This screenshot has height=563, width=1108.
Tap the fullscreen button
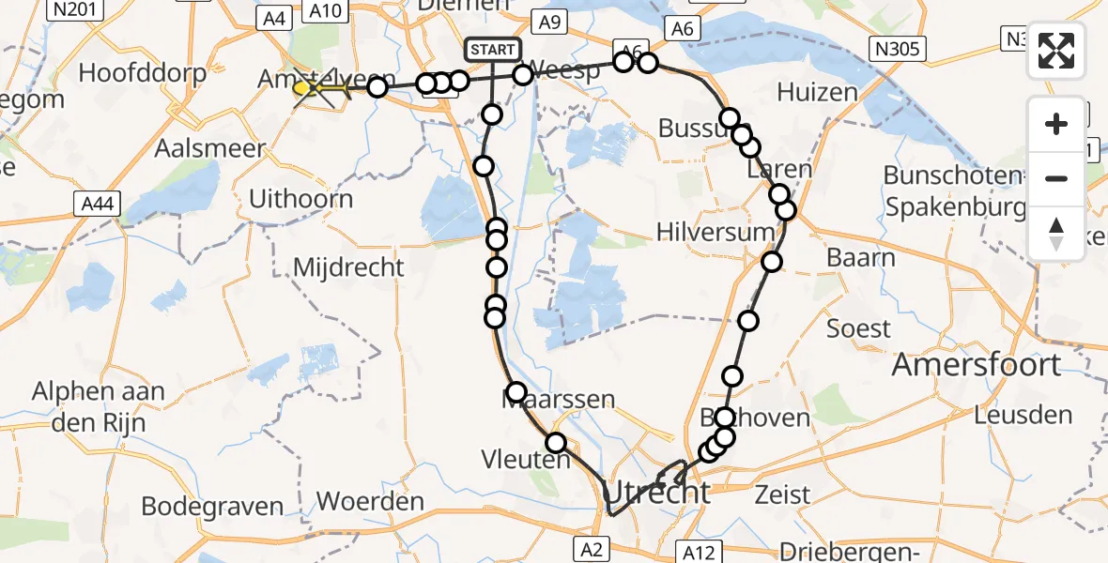pyautogui.click(x=1056, y=52)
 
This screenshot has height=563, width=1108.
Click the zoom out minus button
pyautogui.click(x=1056, y=178)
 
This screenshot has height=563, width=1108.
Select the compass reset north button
pyautogui.click(x=1056, y=234)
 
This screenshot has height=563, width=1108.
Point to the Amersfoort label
pyautogui.click(x=976, y=364)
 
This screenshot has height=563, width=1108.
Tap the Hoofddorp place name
pyautogui.click(x=136, y=72)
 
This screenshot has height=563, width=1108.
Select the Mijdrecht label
pyautogui.click(x=348, y=267)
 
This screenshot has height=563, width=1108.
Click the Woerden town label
pyautogui.click(x=370, y=501)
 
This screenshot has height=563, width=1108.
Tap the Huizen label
pyautogui.click(x=817, y=92)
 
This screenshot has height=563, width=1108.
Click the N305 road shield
pyautogui.click(x=898, y=49)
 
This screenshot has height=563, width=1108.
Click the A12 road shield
pyautogui.click(x=699, y=552)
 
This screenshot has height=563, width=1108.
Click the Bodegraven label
pyautogui.click(x=212, y=507)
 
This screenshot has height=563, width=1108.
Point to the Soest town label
pyautogui.click(x=858, y=328)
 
